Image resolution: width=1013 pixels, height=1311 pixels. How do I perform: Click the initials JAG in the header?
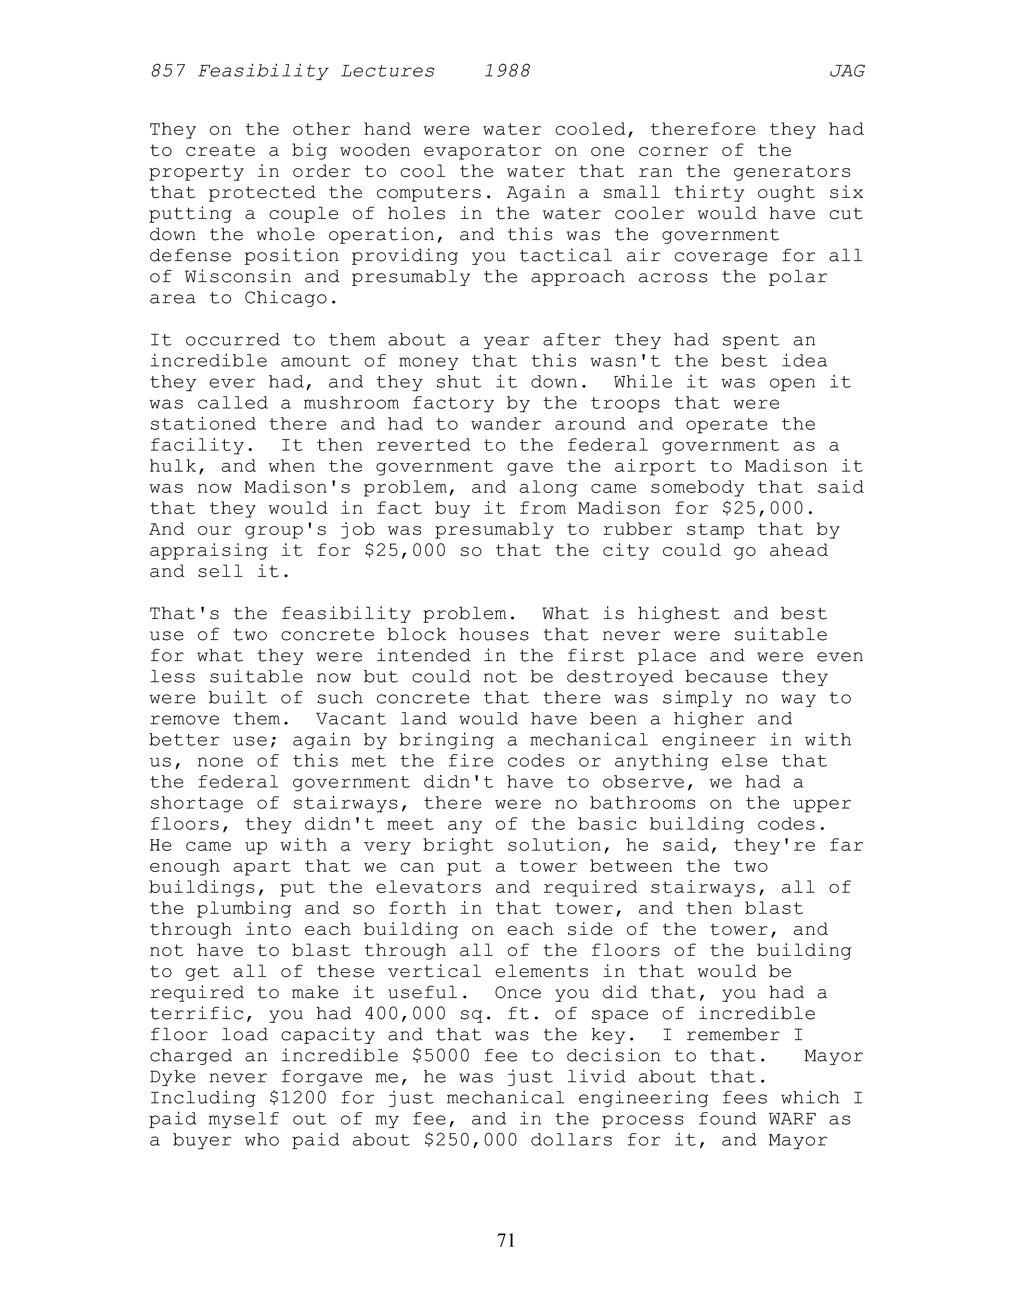[x=847, y=72]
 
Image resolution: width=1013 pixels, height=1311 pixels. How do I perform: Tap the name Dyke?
[x=172, y=1077]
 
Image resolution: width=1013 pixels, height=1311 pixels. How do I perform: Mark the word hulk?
[x=172, y=466]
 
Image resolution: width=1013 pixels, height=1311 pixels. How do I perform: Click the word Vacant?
[x=352, y=719]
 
